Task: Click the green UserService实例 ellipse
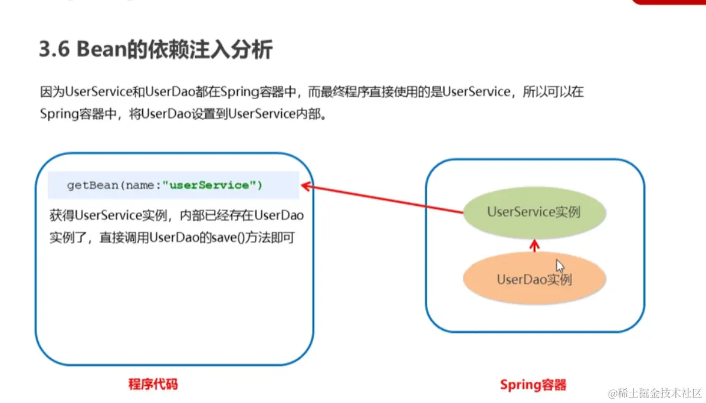(534, 212)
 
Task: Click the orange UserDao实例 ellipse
(534, 279)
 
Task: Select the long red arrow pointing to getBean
(383, 200)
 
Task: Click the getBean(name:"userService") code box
(173, 185)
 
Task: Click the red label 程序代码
(153, 385)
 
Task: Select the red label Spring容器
(533, 385)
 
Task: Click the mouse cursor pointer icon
(560, 266)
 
